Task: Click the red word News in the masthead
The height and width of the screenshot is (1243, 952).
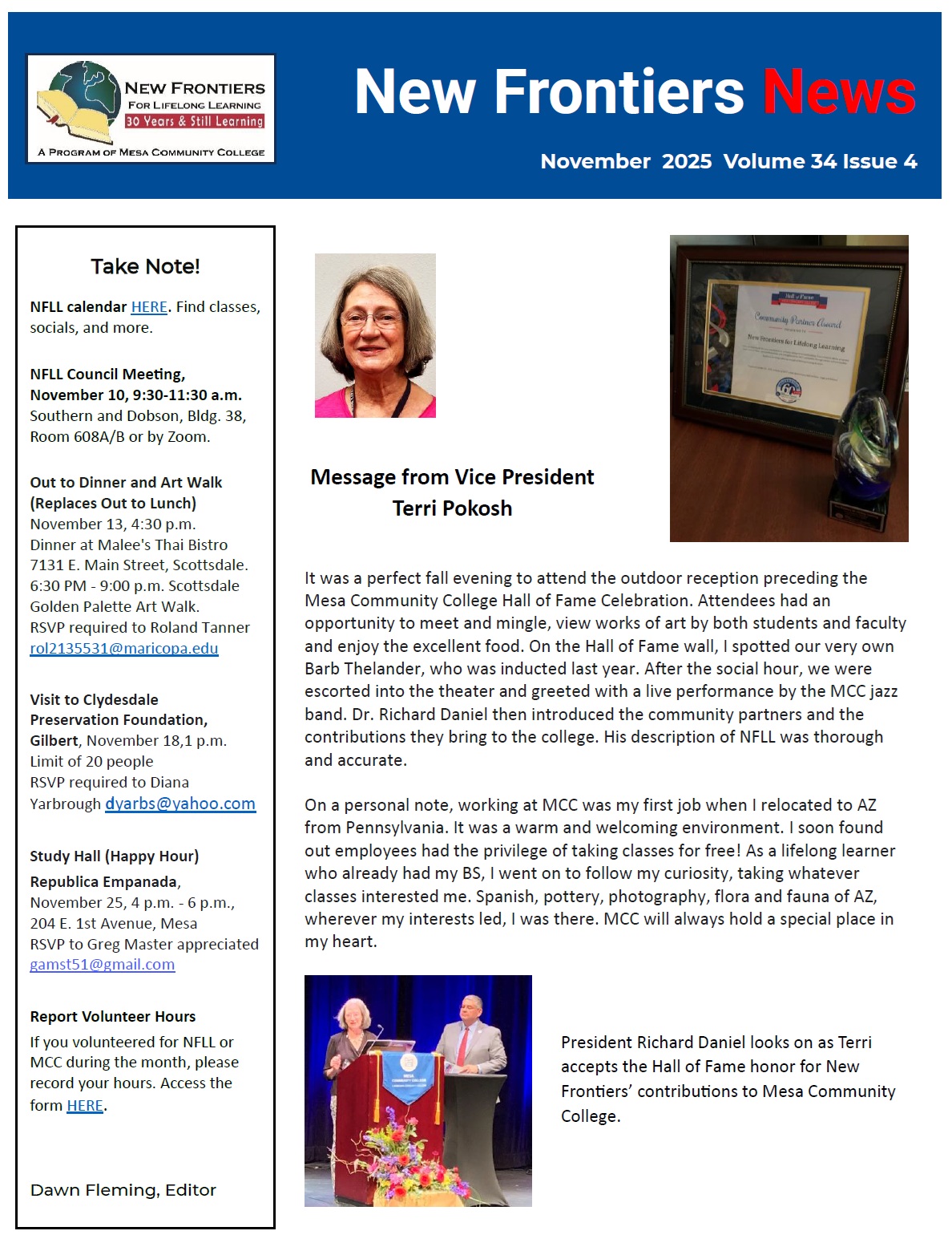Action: click(x=838, y=92)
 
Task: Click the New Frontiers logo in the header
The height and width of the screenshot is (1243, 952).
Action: click(x=151, y=108)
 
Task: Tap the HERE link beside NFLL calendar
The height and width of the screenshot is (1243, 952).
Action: click(x=149, y=307)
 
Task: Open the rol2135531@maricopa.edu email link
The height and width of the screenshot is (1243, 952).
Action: click(x=124, y=648)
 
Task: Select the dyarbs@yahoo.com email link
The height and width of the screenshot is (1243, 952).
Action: click(x=180, y=804)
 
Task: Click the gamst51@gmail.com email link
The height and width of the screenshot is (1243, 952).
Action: click(x=103, y=965)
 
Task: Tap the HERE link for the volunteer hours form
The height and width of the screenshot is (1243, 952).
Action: click(x=85, y=1105)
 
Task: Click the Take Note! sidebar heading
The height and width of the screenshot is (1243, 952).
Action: click(x=145, y=266)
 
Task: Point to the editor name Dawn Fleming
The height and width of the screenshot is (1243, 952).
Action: click(x=123, y=1190)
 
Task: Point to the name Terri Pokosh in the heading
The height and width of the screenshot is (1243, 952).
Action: click(x=452, y=508)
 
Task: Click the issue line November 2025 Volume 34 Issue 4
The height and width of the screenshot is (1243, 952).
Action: click(x=728, y=161)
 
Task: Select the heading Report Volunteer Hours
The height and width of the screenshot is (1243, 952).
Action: click(x=113, y=1017)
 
